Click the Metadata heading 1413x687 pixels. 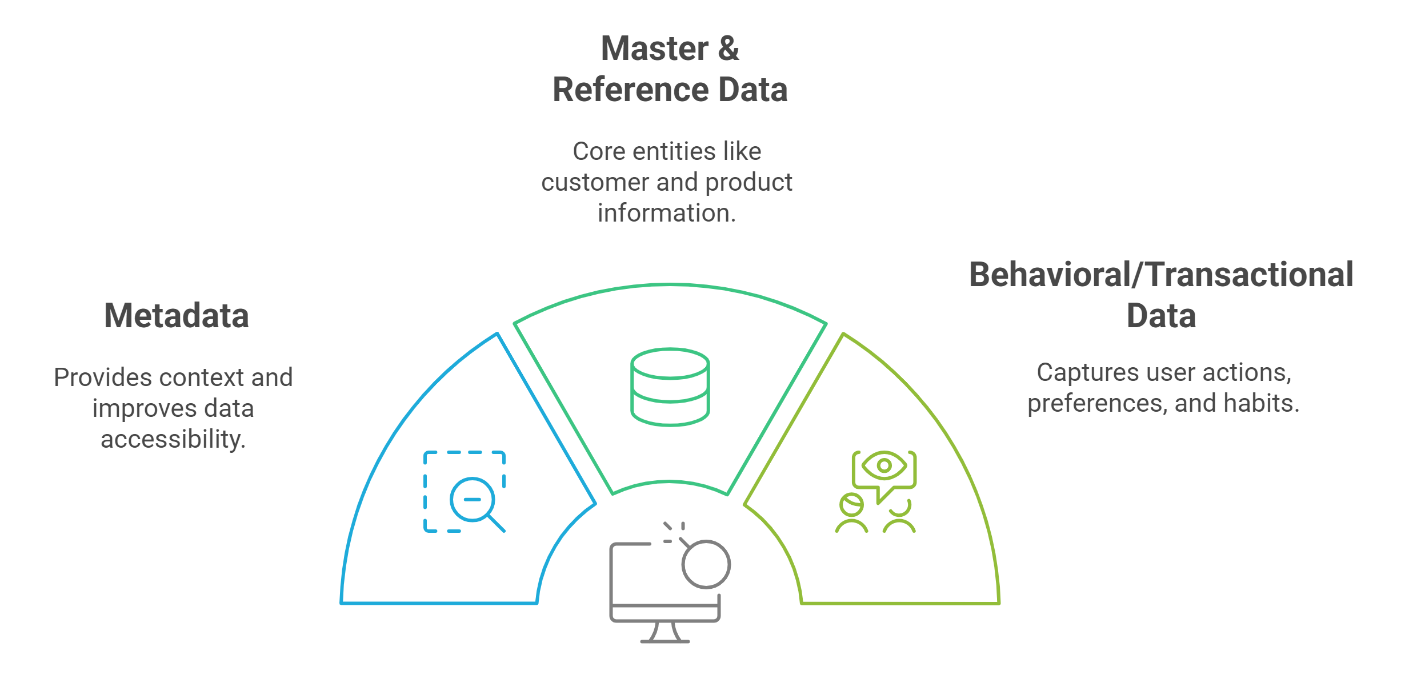coord(177,316)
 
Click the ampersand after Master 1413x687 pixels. coord(728,49)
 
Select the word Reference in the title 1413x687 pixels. coord(630,90)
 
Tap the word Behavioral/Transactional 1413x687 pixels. coord(1161,275)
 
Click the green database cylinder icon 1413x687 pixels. coord(670,387)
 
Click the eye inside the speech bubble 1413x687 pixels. coord(884,465)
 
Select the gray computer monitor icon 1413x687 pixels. coord(665,593)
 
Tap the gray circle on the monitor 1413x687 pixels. coord(706,564)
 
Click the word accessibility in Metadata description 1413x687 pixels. coord(173,440)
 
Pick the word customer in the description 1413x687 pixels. coord(594,183)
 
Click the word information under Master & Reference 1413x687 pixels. coord(667,213)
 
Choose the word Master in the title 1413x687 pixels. coord(655,49)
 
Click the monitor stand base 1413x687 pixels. coord(665,641)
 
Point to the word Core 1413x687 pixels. coord(597,152)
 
